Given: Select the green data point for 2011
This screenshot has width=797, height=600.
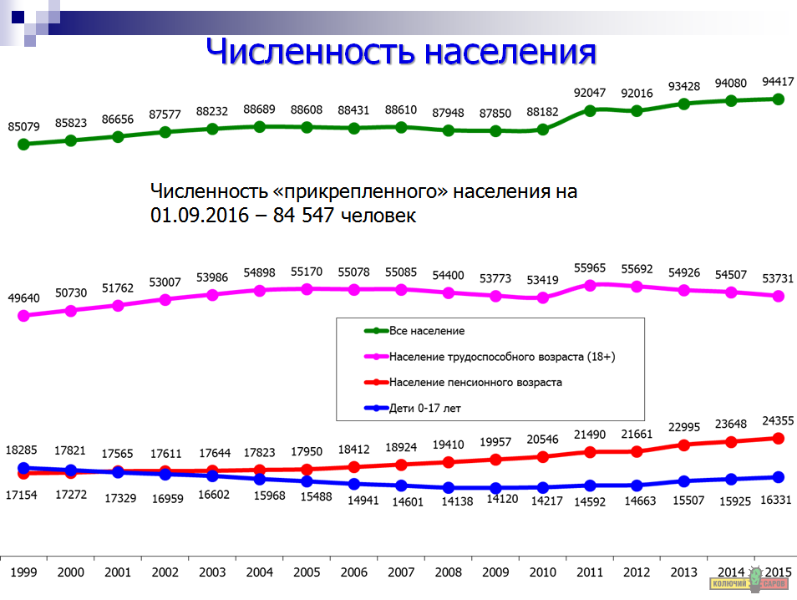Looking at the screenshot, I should coord(590,109).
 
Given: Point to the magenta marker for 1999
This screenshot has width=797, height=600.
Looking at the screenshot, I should coord(23,316).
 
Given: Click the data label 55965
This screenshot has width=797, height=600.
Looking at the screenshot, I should coord(590,268).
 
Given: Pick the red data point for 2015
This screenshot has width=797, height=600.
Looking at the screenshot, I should coord(778,438).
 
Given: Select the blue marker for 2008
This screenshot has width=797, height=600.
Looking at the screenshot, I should coord(449,487).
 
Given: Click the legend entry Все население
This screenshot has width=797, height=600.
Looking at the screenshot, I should coord(427,332).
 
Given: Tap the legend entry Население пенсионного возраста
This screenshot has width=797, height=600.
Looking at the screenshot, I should coord(475,383).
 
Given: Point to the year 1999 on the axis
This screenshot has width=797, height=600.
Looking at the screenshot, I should coord(23,572).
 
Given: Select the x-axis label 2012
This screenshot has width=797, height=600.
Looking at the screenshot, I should coord(637,572).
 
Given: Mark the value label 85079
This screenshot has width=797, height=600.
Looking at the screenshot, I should coord(24,127).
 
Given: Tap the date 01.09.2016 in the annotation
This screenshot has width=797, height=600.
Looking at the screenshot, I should coord(200,215).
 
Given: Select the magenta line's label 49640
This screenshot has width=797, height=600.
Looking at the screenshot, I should coord(24,298).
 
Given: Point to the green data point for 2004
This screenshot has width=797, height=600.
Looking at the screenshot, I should coord(260,126).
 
